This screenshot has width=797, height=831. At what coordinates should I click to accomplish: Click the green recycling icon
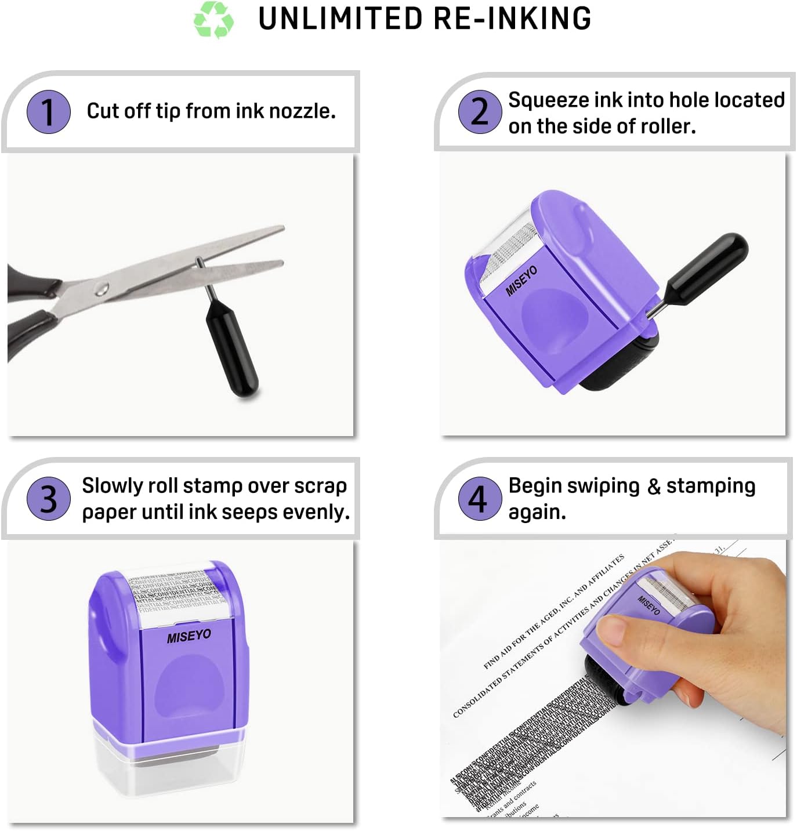pyautogui.click(x=213, y=19)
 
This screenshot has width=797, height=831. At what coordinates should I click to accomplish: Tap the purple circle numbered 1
pyautogui.click(x=49, y=111)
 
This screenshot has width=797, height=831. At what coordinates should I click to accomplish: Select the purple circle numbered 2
pyautogui.click(x=480, y=111)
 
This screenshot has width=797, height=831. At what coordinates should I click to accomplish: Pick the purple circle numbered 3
pyautogui.click(x=49, y=498)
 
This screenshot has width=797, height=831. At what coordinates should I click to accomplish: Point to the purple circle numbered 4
pyautogui.click(x=480, y=498)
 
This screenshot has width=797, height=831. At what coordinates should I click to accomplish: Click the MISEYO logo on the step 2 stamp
pyautogui.click(x=521, y=281)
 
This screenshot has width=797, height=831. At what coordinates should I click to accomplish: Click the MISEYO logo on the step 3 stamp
pyautogui.click(x=189, y=636)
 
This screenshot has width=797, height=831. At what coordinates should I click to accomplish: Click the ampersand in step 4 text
pyautogui.click(x=654, y=487)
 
